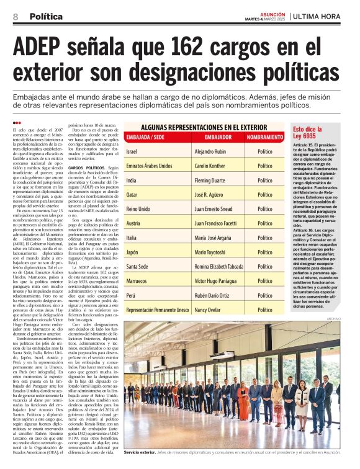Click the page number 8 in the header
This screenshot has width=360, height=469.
pos(16,16)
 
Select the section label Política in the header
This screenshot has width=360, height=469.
pos(45,16)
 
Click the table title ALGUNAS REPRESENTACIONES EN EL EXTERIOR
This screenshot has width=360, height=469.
pos(204,128)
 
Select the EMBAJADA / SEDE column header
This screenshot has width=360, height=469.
pos(145,136)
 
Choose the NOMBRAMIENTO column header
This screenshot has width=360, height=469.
pos(265,136)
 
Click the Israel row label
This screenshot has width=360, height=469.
pos(132,152)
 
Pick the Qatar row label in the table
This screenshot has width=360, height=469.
pos(132,194)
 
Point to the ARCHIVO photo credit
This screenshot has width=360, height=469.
pos(351,319)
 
